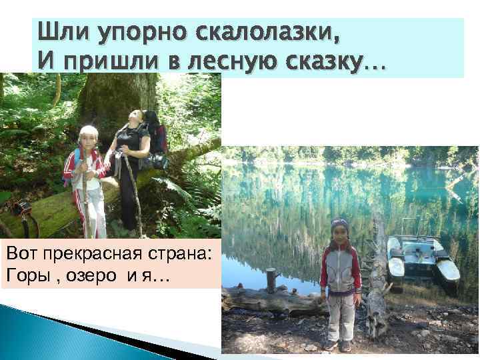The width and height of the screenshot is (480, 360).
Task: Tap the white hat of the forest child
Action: pyautogui.click(x=89, y=131)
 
